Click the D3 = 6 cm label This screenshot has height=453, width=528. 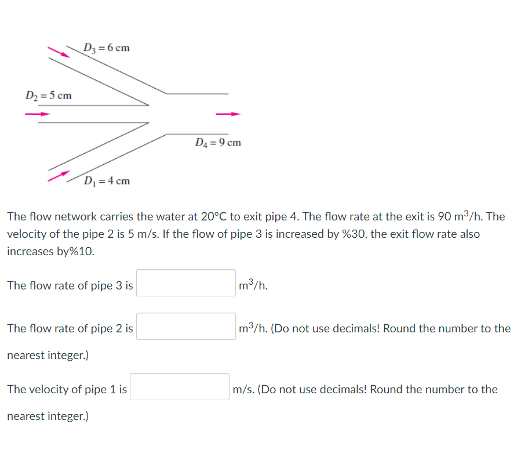107,48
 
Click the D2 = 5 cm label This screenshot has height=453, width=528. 49,95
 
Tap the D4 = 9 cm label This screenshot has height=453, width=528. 218,143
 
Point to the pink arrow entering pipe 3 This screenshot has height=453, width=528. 58,52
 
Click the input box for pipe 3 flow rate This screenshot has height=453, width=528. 186,283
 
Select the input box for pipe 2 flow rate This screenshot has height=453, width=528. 186,327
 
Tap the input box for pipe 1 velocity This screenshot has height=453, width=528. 180,387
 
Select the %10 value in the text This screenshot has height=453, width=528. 81,252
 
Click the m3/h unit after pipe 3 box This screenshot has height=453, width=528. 253,285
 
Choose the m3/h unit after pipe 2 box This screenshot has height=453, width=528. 253,329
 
